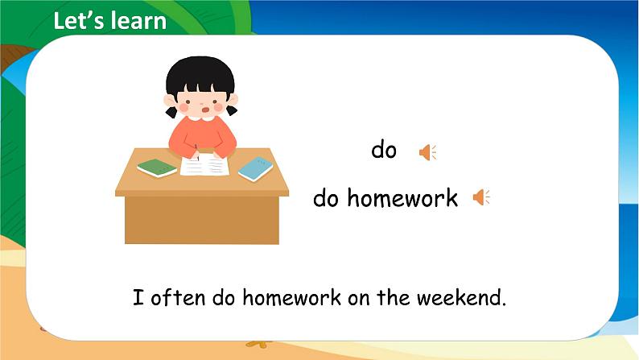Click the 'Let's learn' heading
point(109,21)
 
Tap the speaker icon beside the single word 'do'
point(427,151)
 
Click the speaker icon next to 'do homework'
point(480,197)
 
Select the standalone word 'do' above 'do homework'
point(384,151)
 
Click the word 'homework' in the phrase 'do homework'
point(402,198)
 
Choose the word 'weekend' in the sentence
point(460,298)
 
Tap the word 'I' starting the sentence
point(138,298)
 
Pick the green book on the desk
point(157,168)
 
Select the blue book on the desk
point(255,168)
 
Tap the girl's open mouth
point(206,109)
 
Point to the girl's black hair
point(200,77)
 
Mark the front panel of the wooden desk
point(201,218)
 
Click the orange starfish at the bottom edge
point(257,344)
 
